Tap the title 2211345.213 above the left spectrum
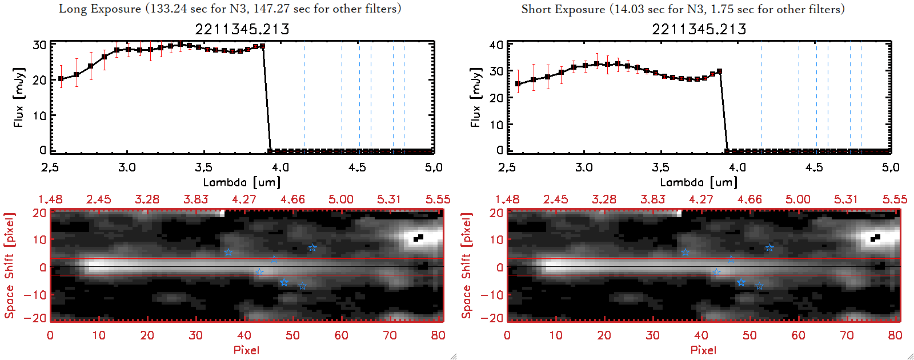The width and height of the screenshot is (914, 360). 242,29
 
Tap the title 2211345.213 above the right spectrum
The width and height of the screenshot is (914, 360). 699,29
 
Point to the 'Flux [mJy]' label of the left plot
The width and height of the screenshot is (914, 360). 19,97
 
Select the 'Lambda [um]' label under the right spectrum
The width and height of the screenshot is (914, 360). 699,182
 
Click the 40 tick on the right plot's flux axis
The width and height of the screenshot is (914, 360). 496,45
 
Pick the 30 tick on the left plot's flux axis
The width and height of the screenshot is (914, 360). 39,45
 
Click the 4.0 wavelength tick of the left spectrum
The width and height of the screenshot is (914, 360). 280,167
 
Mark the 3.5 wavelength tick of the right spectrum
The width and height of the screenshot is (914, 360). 660,167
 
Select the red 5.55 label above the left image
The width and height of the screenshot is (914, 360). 438,199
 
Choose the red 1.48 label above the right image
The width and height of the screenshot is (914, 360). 507,199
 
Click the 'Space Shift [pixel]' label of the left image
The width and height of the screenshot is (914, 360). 9,266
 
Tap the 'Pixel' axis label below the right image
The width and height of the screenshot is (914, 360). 703,350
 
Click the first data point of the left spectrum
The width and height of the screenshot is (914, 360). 61,79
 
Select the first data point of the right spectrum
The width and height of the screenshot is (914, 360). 518,84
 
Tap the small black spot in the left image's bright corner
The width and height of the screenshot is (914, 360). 419,238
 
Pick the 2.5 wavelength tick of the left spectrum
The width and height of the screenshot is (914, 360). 50,167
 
